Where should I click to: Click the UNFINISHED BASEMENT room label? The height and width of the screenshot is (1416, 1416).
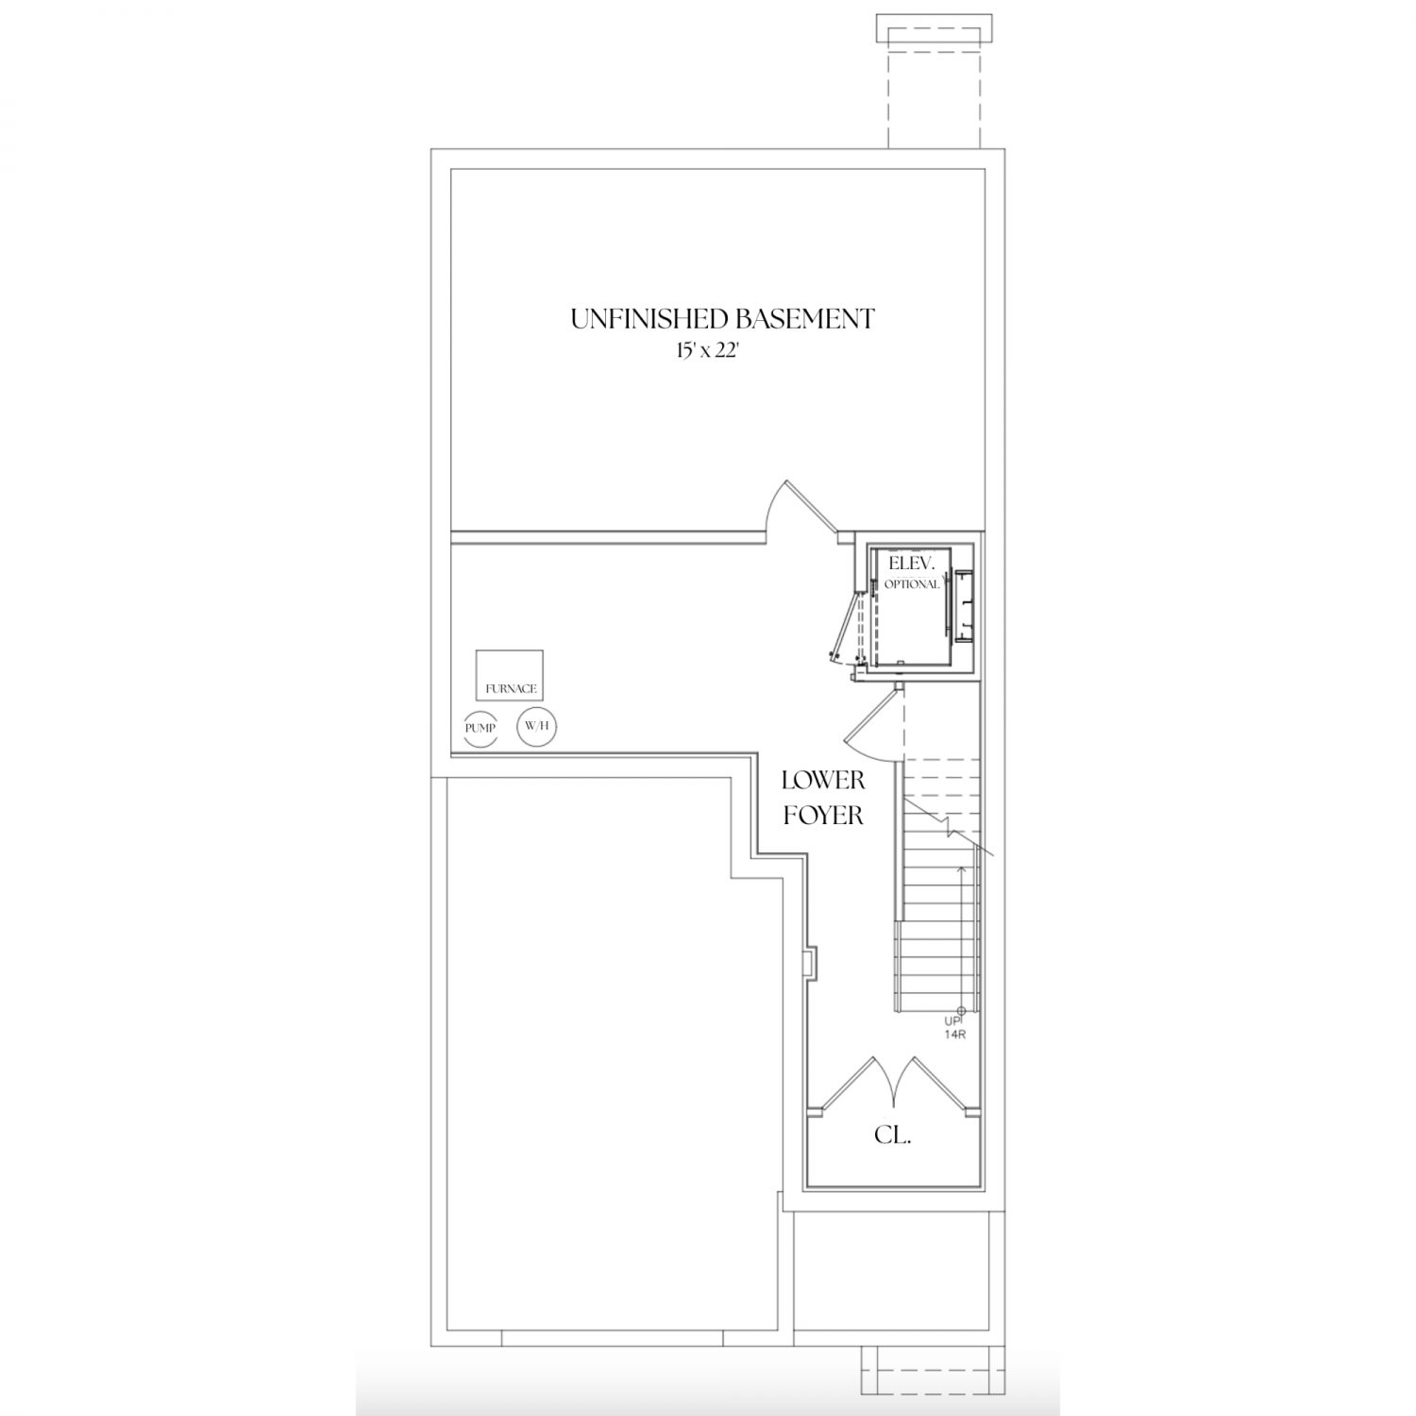click(x=722, y=319)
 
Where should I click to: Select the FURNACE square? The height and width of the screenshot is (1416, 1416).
click(x=510, y=675)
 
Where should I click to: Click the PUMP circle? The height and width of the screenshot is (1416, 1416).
click(x=480, y=728)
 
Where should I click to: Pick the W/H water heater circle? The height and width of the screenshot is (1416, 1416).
click(x=536, y=726)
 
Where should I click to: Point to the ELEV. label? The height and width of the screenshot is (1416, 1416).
click(x=911, y=564)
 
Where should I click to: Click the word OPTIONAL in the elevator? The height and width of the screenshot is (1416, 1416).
click(x=912, y=584)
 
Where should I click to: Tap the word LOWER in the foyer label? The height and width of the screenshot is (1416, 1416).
click(x=823, y=781)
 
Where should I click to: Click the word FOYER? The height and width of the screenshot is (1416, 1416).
click(x=823, y=815)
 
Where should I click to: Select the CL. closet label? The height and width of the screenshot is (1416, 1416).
click(x=892, y=1136)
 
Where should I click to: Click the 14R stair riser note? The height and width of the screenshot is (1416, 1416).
click(x=956, y=1034)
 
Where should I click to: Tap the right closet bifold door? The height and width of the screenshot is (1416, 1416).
click(x=935, y=1083)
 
